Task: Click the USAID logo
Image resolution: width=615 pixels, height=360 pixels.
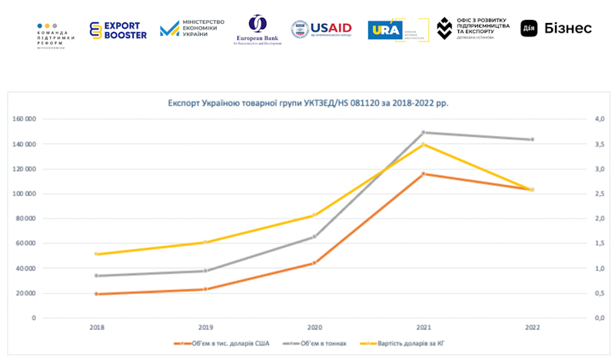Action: tap(321, 29)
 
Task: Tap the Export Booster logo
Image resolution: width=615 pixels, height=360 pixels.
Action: tap(117, 30)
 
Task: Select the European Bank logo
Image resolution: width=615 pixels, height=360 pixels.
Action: tap(258, 30)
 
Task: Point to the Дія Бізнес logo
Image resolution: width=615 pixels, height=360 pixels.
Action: tap(556, 28)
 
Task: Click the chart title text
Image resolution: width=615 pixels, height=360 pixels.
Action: tap(307, 102)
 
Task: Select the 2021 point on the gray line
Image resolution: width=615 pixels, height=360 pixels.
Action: tap(423, 132)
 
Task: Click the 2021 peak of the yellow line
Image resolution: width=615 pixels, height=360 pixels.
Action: tap(423, 145)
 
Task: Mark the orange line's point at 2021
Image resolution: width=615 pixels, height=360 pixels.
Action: tap(423, 174)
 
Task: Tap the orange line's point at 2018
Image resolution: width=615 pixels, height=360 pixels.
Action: tap(96, 294)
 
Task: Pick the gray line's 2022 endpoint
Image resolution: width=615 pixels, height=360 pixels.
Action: tap(531, 139)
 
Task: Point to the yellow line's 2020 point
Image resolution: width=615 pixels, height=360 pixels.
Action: tap(314, 215)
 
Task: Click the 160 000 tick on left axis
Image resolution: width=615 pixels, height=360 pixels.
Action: tap(25, 119)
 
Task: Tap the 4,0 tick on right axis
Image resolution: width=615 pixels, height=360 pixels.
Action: tap(596, 119)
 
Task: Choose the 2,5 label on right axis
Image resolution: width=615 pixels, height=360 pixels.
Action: tap(596, 194)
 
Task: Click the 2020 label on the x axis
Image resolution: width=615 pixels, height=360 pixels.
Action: tap(314, 328)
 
